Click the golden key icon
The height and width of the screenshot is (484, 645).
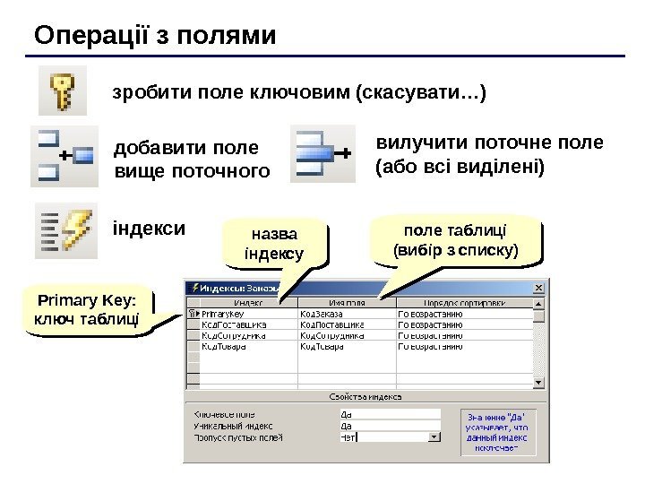(63, 93)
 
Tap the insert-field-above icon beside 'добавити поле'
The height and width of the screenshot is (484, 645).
(63, 156)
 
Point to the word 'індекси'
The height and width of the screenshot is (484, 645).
(148, 226)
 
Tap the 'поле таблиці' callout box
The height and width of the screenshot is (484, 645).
(456, 241)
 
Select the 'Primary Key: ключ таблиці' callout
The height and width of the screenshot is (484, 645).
(86, 311)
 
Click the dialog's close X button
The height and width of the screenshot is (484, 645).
(538, 288)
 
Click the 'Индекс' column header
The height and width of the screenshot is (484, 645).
(242, 302)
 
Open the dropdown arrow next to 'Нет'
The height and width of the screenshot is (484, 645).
(435, 437)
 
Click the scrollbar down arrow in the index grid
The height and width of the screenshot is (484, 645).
(538, 381)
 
